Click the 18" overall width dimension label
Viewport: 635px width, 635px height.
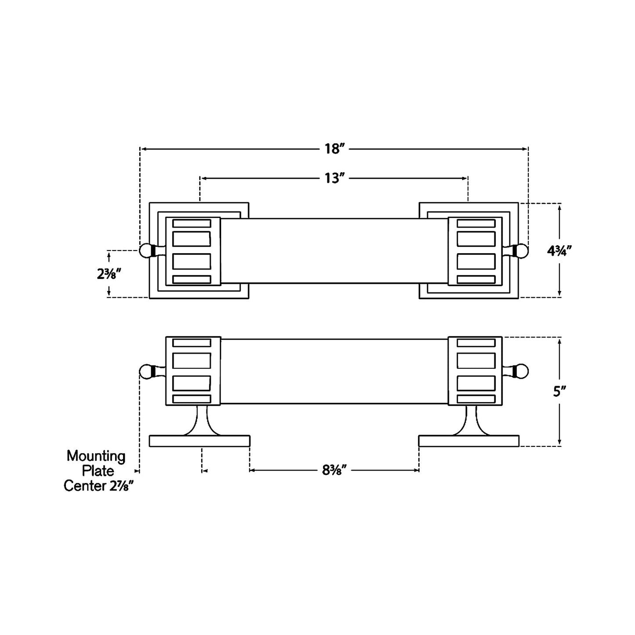(335, 149)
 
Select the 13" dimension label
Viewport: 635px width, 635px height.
(335, 178)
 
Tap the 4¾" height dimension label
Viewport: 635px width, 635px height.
(559, 251)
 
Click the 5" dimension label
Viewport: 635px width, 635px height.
(559, 392)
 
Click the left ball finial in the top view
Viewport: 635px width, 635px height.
(145, 251)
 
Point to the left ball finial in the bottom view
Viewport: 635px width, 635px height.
(145, 371)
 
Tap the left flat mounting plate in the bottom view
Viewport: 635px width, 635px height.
(200, 441)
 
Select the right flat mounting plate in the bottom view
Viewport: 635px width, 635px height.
(468, 441)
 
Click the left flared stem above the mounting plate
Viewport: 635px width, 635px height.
(202, 421)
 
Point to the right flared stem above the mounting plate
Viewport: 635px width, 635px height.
(471, 421)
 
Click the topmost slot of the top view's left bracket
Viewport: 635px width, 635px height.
(192, 223)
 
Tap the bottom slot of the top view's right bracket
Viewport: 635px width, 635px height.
(476, 279)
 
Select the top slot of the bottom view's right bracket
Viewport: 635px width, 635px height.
(476, 343)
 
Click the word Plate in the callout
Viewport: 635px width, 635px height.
(98, 471)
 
